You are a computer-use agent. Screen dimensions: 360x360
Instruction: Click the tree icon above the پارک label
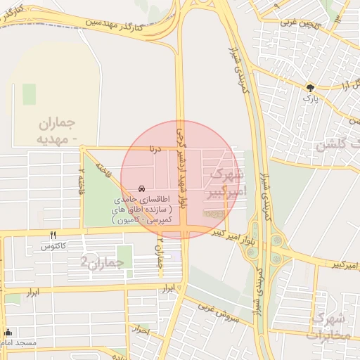309,87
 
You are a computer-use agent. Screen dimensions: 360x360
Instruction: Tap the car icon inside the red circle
141,189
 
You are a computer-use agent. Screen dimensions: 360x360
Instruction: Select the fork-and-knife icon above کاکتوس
53,236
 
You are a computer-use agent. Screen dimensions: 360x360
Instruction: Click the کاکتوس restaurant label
53,246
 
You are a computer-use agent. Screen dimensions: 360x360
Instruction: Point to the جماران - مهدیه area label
57,130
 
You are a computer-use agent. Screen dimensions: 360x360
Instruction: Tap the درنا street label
153,149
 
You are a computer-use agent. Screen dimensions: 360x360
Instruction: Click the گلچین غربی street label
300,22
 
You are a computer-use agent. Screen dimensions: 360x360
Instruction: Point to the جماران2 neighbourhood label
102,262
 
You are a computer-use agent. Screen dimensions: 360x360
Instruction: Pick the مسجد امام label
18,342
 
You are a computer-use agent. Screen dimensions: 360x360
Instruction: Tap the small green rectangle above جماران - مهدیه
29,94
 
